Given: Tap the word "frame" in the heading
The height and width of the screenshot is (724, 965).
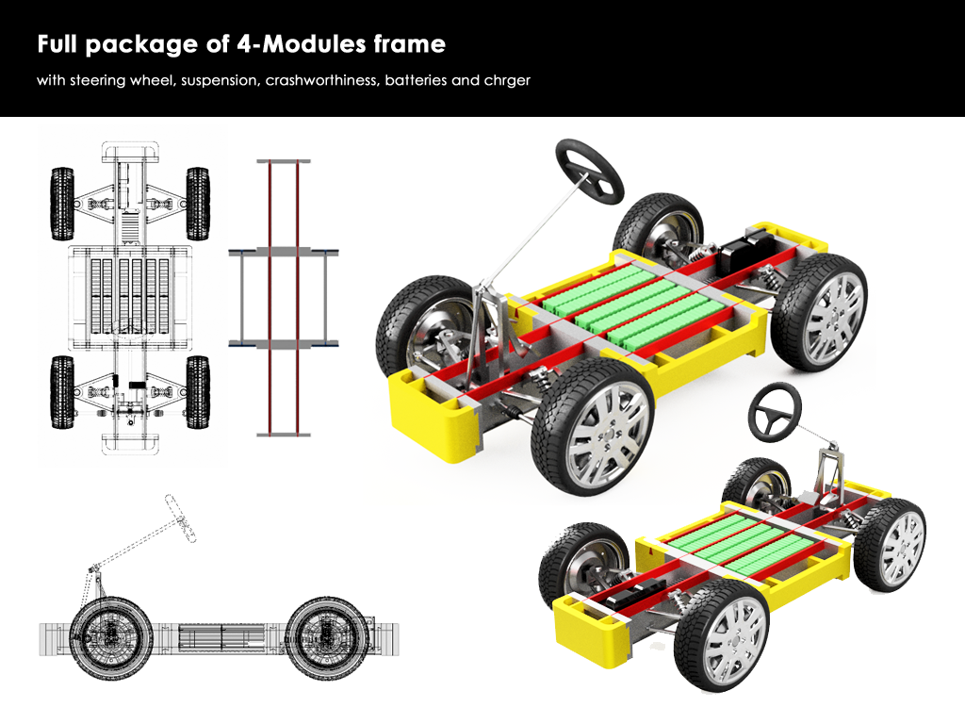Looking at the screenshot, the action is pyautogui.click(x=409, y=43).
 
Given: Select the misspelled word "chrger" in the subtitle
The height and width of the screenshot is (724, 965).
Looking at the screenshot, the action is pyautogui.click(x=507, y=81).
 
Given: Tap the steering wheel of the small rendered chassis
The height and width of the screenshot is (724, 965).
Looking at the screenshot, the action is pyautogui.click(x=775, y=412).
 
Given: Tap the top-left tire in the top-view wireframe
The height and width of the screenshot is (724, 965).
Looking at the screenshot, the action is pyautogui.click(x=62, y=204).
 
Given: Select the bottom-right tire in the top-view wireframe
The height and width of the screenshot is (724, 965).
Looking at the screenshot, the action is pyautogui.click(x=198, y=392).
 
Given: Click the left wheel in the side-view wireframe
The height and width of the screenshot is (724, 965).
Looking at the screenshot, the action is pyautogui.click(x=111, y=638).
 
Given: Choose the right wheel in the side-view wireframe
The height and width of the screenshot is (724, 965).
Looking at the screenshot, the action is pyautogui.click(x=327, y=638).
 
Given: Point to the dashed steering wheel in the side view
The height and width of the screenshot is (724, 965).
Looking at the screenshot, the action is pyautogui.click(x=180, y=518).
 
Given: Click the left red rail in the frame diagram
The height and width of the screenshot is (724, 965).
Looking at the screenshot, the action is pyautogui.click(x=270, y=298).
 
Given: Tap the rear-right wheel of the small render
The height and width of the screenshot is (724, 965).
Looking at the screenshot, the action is pyautogui.click(x=890, y=544).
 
